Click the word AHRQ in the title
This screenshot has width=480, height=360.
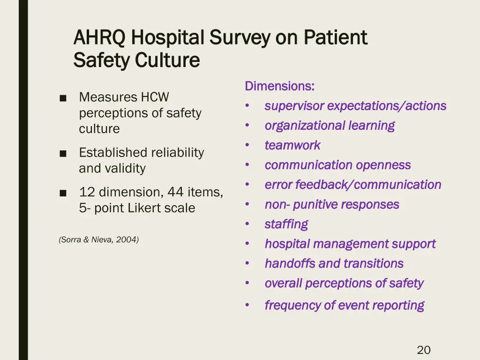(x=99, y=38)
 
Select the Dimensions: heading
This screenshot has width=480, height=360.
(x=279, y=86)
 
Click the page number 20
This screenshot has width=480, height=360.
(x=423, y=350)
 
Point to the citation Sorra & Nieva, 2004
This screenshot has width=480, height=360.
(x=99, y=240)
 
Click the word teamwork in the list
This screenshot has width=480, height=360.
(x=292, y=146)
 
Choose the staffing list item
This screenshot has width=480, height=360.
(x=286, y=225)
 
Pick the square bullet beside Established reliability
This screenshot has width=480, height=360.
(x=63, y=153)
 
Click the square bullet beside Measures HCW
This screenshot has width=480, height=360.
(x=63, y=98)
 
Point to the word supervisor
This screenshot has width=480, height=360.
(x=294, y=106)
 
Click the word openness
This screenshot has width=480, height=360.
(x=383, y=165)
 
